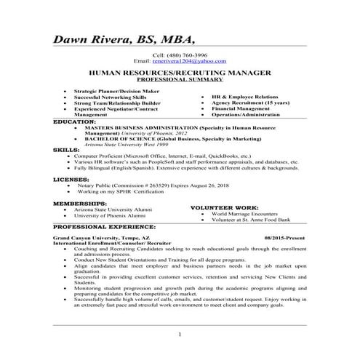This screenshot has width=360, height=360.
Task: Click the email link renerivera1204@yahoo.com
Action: [x=194, y=62]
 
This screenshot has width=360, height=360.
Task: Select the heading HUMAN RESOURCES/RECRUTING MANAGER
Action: [x=180, y=73]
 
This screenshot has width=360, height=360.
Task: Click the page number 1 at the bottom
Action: [x=180, y=333]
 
